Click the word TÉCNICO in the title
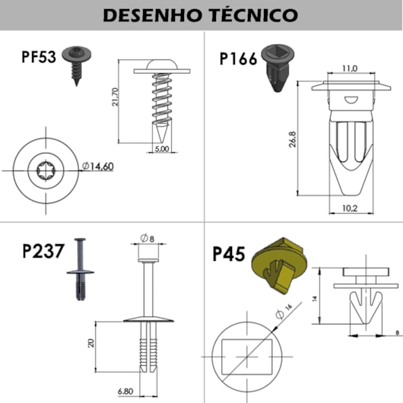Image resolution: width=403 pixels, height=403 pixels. [253, 14]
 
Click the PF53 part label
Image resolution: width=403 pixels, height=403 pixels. [39, 57]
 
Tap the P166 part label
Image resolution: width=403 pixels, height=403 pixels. [238, 59]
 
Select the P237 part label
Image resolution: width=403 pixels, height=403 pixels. [43, 251]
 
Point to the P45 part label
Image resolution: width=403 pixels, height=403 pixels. [229, 254]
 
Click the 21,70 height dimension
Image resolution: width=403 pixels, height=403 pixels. [116, 97]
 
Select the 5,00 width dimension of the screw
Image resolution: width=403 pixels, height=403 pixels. [162, 148]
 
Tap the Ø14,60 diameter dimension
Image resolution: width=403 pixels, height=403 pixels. [97, 167]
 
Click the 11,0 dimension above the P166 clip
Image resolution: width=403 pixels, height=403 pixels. [350, 68]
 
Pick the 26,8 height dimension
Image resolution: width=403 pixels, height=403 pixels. [293, 139]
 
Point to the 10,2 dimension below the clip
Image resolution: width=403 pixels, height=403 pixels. [350, 208]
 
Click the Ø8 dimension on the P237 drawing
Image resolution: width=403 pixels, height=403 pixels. [148, 238]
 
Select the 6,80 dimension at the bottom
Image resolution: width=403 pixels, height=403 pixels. [125, 392]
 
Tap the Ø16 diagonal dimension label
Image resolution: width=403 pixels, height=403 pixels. [284, 311]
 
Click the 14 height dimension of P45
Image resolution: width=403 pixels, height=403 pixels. [315, 298]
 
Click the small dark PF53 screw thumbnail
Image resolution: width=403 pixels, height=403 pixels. [76, 65]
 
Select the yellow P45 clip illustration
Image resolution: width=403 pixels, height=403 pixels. [279, 265]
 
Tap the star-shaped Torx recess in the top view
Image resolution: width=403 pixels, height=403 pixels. [46, 170]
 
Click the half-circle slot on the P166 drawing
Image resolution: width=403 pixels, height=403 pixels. [351, 100]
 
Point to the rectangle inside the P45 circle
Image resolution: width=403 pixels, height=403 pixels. [246, 357]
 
